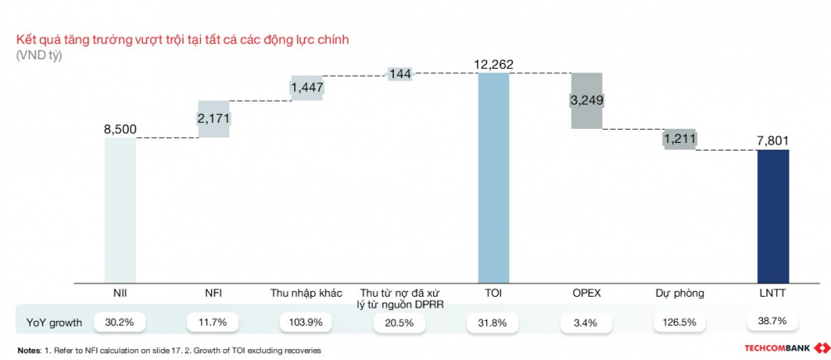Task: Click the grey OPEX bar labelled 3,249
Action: click(x=586, y=101)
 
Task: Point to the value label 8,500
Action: click(x=120, y=129)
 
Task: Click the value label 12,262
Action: click(x=493, y=63)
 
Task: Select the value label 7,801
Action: click(x=773, y=141)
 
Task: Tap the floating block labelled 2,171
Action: click(x=214, y=119)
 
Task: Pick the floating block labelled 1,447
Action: click(x=307, y=87)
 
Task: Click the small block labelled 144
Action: click(x=400, y=74)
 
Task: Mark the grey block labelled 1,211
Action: click(x=680, y=139)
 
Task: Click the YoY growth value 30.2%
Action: click(x=120, y=320)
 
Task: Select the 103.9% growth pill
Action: click(x=307, y=320)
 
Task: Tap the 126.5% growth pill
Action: click(x=680, y=320)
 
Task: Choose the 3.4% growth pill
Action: click(x=586, y=320)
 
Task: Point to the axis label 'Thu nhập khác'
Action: click(x=307, y=293)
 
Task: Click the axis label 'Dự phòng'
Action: click(x=680, y=293)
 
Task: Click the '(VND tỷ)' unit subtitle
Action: click(x=38, y=56)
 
